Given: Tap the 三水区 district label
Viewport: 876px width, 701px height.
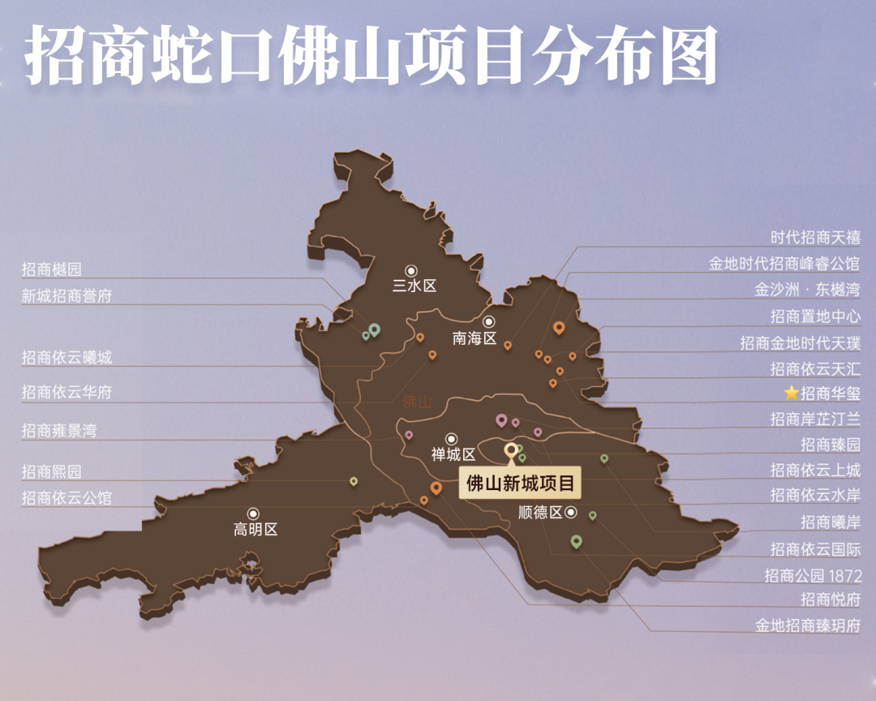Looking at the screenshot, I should [x=414, y=286].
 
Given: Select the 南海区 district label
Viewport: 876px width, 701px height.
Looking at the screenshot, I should [x=474, y=338].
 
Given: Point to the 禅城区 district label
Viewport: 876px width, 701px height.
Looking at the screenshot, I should [x=453, y=455].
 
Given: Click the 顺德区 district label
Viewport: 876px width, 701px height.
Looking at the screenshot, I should [x=540, y=513].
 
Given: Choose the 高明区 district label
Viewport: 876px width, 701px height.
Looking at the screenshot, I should [x=255, y=530].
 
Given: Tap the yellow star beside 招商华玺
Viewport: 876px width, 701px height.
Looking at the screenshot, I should [x=792, y=394].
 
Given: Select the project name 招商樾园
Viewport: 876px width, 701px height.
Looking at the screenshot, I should [x=52, y=269].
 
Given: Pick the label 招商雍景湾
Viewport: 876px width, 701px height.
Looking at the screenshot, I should [x=59, y=431].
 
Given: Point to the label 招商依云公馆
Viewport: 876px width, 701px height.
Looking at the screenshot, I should [x=67, y=498].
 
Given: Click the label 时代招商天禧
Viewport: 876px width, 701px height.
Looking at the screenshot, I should [x=814, y=238].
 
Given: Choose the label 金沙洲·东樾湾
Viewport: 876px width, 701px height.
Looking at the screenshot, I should [x=806, y=290].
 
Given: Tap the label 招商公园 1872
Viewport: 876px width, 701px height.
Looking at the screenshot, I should [x=812, y=575].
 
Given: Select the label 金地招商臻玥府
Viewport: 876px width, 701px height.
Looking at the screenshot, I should [x=807, y=626].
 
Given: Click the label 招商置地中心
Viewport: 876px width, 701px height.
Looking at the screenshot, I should [x=814, y=316].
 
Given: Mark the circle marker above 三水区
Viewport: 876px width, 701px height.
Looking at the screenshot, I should [x=411, y=270].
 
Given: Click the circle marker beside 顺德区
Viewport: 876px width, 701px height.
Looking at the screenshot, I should [x=571, y=512].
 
